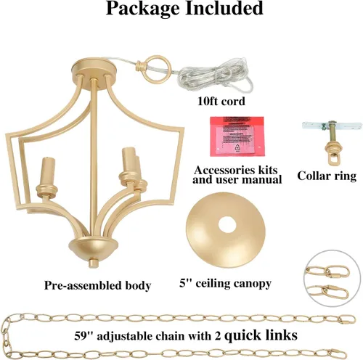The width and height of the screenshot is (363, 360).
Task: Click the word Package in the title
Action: pyautogui.click(x=143, y=9)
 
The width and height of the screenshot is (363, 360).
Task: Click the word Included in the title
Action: pyautogui.click(x=224, y=8)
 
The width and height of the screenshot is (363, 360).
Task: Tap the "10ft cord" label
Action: pyautogui.click(x=221, y=101)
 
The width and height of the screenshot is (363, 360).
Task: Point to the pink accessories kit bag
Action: pyautogui.click(x=237, y=136)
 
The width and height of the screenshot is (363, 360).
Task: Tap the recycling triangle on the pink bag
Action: pyautogui.click(x=238, y=147)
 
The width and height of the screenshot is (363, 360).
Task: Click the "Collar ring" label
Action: pyautogui.click(x=327, y=176)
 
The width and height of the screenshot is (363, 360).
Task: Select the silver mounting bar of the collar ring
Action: pyautogui.click(x=331, y=126)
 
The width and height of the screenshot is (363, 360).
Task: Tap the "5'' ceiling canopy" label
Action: pyautogui.click(x=225, y=284)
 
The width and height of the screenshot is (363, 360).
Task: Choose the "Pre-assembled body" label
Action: pyautogui.click(x=97, y=285)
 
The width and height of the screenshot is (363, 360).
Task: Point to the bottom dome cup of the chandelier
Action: pyautogui.click(x=93, y=249)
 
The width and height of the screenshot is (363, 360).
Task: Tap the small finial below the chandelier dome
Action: pyautogui.click(x=93, y=263)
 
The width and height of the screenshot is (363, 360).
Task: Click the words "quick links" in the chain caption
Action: pyautogui.click(x=261, y=335)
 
